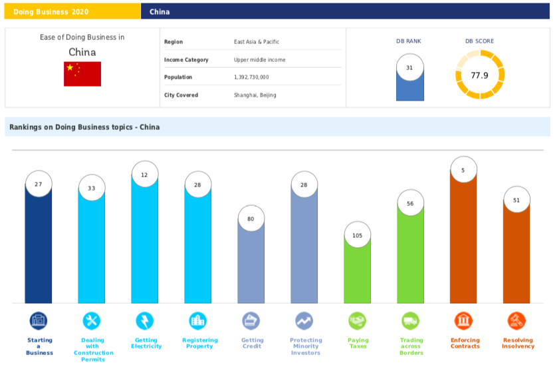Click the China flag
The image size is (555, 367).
(82, 74)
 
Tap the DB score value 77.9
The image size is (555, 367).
(479, 75)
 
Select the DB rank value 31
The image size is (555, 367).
(409, 68)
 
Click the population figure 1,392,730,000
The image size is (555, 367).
(251, 77)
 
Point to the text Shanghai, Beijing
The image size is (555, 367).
(255, 95)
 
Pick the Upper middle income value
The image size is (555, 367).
(259, 60)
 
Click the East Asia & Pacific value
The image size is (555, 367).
(257, 42)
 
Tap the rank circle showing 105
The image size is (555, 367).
(358, 236)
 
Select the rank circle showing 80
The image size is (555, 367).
(251, 218)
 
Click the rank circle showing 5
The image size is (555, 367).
(463, 170)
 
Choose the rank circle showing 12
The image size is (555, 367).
(144, 175)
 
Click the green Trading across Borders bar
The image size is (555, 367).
(410, 260)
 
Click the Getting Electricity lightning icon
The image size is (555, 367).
(144, 321)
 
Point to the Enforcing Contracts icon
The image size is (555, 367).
(463, 321)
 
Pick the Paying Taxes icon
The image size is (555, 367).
(358, 321)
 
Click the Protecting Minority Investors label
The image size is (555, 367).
(305, 346)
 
